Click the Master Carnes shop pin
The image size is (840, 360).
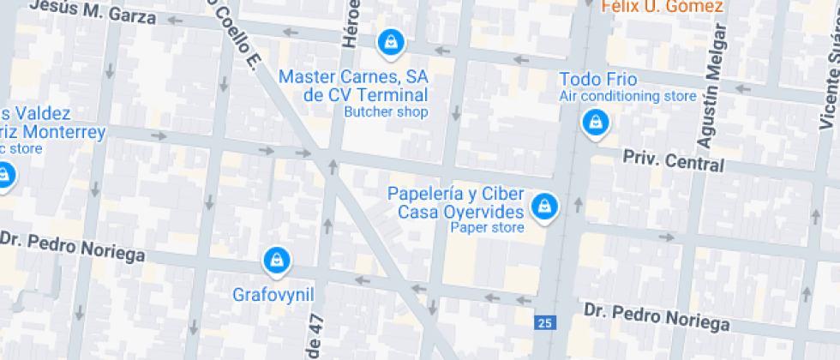[390, 42]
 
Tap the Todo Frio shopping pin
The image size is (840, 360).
[593, 123]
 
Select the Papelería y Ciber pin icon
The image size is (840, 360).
[543, 206]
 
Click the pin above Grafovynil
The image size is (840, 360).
[275, 260]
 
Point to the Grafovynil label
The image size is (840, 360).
[273, 295]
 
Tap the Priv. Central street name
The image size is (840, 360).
[673, 160]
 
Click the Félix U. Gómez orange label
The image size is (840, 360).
[662, 7]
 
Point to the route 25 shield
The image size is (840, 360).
[544, 322]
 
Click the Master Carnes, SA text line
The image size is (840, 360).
[353, 76]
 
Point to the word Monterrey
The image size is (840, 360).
[63, 132]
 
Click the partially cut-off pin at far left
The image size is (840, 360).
[4, 176]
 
